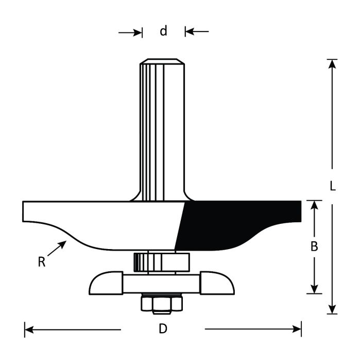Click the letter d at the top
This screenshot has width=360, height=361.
pyautogui.click(x=163, y=31)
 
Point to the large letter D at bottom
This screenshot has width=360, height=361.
pyautogui.click(x=163, y=329)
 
